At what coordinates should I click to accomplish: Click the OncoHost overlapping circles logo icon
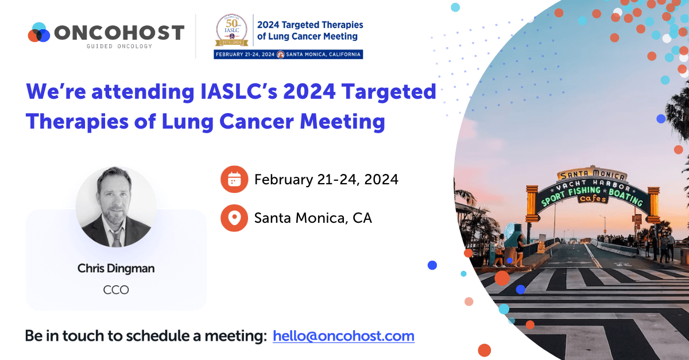(x=40, y=32)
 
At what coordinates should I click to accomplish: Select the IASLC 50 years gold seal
(x=233, y=32)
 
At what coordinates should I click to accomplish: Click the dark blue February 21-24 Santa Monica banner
(x=288, y=55)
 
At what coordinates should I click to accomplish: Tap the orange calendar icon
(x=234, y=180)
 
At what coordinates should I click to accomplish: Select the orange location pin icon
(x=234, y=218)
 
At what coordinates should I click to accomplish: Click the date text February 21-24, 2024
(x=326, y=180)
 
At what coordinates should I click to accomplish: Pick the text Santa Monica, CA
(x=313, y=218)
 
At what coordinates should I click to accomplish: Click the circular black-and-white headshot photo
(x=116, y=207)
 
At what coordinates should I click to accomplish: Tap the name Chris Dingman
(x=116, y=268)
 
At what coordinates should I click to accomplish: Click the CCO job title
(x=116, y=289)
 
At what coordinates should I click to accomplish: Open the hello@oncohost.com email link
(x=343, y=336)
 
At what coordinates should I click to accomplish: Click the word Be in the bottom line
(x=34, y=336)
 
